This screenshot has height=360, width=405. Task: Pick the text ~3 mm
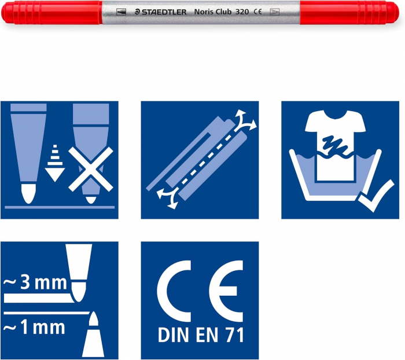(31, 284)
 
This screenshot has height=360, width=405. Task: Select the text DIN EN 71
(200, 336)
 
